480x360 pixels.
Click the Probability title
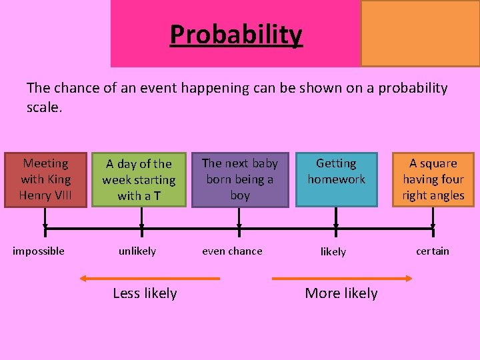(x=236, y=34)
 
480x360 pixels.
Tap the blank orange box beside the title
(x=420, y=33)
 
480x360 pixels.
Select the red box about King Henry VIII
(x=45, y=179)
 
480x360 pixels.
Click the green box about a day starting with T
(x=139, y=179)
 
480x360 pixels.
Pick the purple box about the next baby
(x=240, y=179)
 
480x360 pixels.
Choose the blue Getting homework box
(x=336, y=179)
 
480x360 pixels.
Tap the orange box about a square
(x=433, y=179)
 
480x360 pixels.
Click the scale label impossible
(x=39, y=251)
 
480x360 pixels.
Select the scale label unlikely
(x=137, y=251)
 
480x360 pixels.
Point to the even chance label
(x=232, y=251)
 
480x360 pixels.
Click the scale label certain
(x=433, y=251)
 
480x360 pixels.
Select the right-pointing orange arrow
(x=341, y=277)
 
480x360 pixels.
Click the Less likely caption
(x=145, y=293)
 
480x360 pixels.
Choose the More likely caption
(x=341, y=293)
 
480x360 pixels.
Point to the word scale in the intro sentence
(x=44, y=107)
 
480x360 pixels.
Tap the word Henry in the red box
(x=34, y=195)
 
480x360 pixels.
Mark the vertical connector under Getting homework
(x=336, y=217)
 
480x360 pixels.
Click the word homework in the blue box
(x=336, y=179)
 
